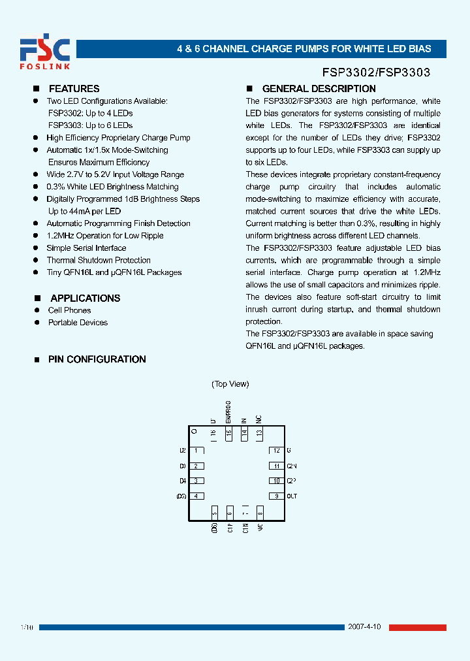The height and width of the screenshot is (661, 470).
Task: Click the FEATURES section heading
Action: pos(74,89)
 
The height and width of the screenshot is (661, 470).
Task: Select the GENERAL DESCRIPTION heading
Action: pos(319,89)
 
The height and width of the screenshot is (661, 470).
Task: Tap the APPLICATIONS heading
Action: pos(85,298)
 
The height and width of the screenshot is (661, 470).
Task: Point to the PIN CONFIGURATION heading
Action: pos(97,359)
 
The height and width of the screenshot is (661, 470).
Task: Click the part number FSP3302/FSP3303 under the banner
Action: pos(376,73)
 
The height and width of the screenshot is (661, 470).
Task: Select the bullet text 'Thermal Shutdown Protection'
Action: pos(98,260)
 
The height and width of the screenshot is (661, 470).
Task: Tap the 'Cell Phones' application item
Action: pos(69,310)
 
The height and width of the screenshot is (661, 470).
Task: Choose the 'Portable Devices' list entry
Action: pos(78,323)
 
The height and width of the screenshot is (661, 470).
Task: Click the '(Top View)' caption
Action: pos(230,384)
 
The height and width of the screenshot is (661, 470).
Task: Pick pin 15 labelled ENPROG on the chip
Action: pos(228,432)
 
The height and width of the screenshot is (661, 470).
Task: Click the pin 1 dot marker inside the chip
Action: pos(193,431)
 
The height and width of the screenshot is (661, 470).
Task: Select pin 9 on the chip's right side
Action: pos(276,496)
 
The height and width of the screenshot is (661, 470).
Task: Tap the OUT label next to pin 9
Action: pos(292,496)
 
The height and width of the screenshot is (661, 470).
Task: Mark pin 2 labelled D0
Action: pos(195,466)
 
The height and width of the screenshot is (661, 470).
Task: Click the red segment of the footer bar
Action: pos(418,628)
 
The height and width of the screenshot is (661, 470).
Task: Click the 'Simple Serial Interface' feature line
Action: pos(86,248)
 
